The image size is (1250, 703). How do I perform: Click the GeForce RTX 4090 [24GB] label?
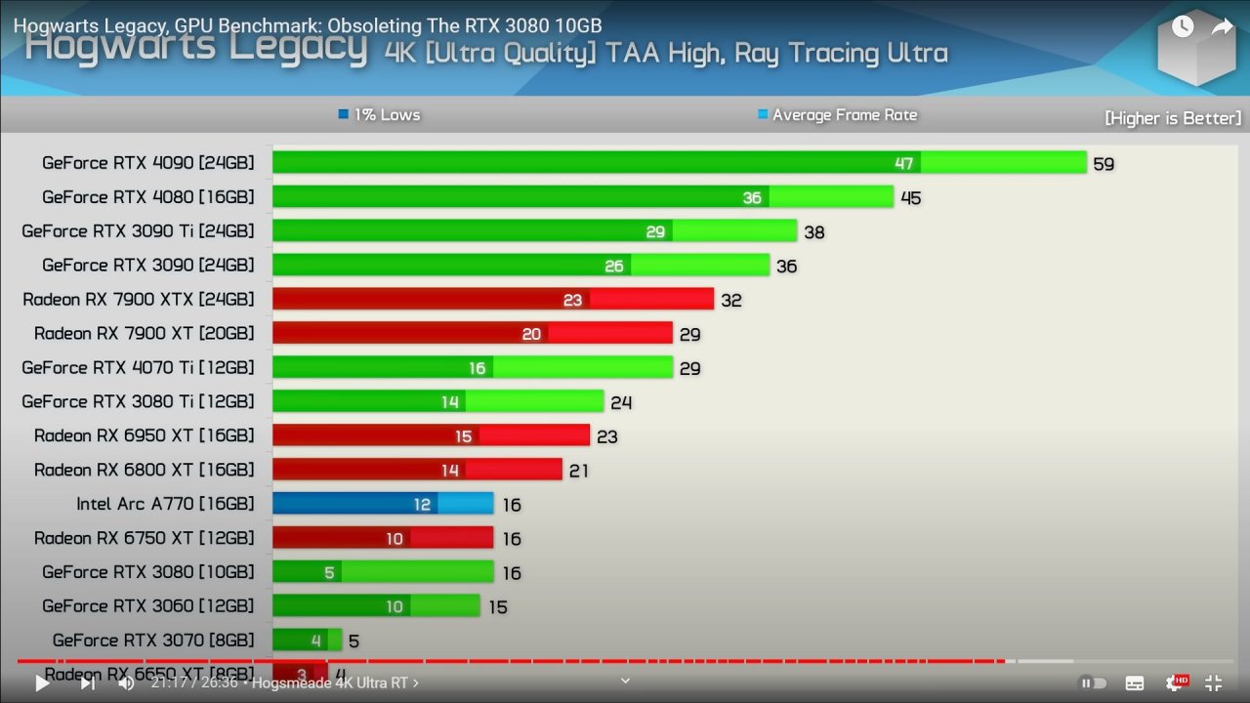pos(147,163)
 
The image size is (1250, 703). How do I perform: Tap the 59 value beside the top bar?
pos(1104,164)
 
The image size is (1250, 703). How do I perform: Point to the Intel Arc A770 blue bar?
pos(383,504)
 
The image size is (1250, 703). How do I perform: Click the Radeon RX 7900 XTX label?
pos(138,299)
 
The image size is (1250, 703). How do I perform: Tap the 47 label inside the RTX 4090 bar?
pos(903,163)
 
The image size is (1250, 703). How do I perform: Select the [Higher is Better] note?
pos(1172,118)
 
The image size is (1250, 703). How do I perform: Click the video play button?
pos(42,683)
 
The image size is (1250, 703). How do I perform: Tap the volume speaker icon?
pos(126,683)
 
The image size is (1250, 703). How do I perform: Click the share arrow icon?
pos(1222,27)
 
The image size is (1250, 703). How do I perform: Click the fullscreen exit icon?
pos(1213,683)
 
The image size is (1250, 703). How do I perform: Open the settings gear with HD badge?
pos(1175,683)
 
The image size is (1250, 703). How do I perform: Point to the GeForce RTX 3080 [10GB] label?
pos(147,571)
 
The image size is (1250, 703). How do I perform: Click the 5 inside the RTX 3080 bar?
pos(329,572)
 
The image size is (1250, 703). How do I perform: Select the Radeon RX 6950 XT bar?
pos(430,435)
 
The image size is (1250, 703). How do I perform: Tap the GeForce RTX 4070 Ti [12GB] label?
pos(138,367)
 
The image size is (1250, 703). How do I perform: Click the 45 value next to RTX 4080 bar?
pos(910,198)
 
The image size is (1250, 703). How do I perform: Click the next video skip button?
pos(88,683)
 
